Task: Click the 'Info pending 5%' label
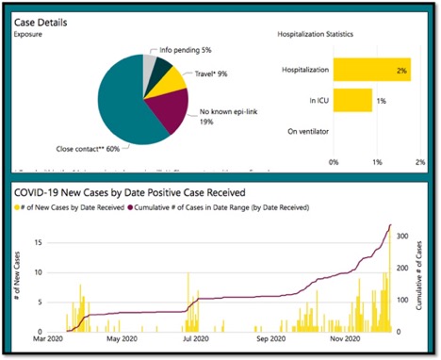click(186, 51)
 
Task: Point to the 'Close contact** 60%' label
click(88, 149)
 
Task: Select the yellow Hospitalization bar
click(371, 70)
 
